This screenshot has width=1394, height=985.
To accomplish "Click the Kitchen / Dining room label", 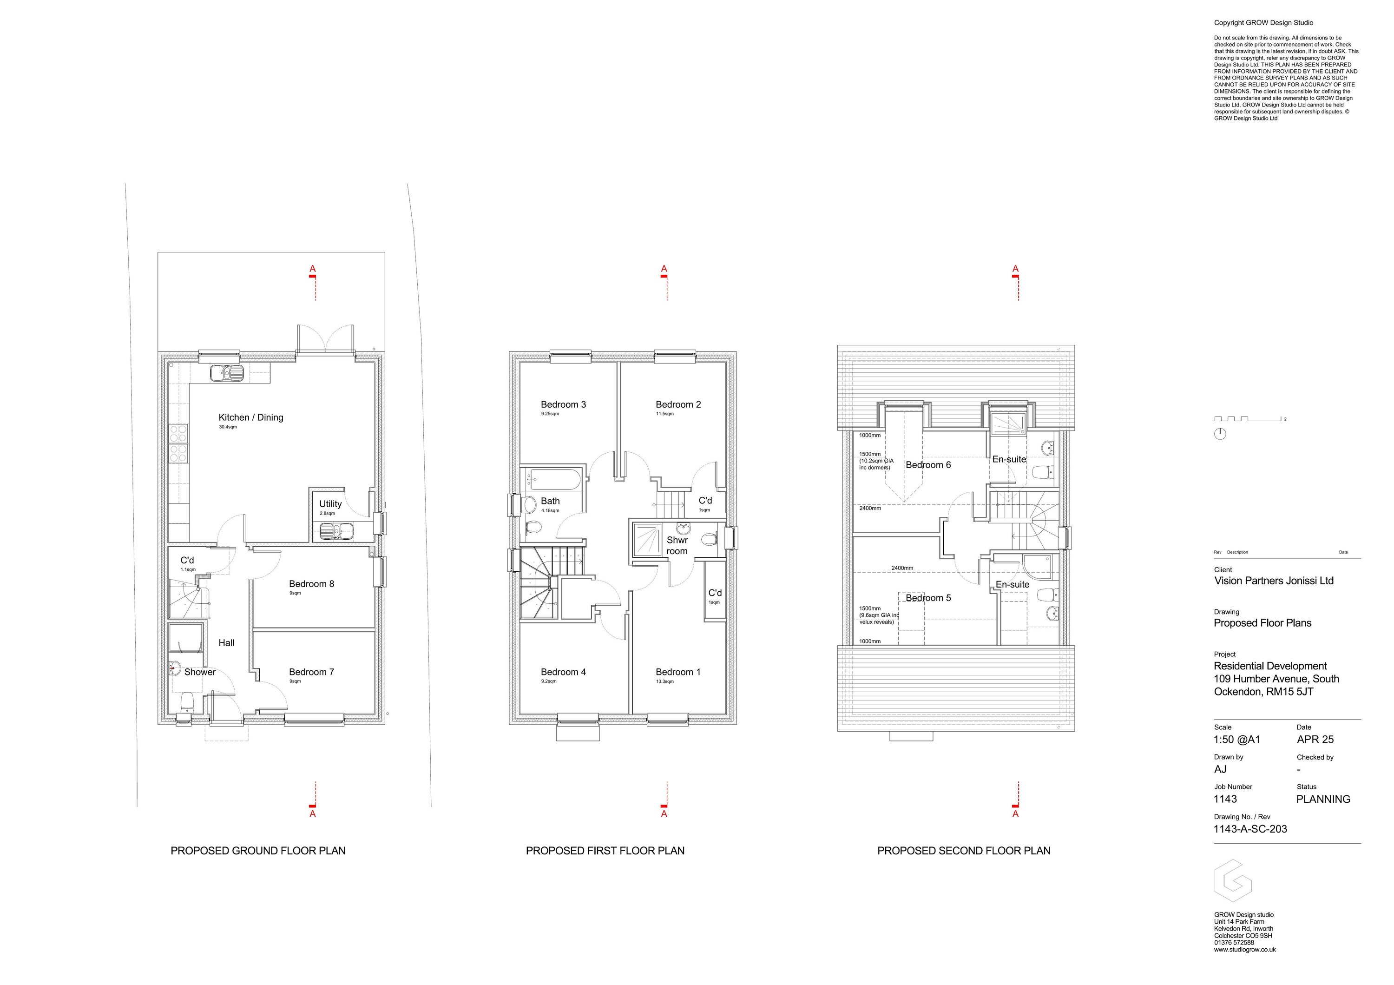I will (251, 418).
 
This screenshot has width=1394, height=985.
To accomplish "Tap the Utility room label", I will (330, 504).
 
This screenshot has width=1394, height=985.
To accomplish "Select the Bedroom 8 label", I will (311, 584).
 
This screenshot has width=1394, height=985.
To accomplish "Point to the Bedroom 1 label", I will (677, 672).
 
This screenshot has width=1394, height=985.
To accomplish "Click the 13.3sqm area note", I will (665, 682).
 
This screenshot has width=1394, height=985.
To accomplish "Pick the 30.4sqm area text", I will (228, 428).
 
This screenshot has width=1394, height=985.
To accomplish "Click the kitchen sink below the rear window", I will (226, 373).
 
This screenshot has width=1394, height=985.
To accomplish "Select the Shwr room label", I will (677, 545).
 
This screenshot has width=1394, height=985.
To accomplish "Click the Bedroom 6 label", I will (928, 465).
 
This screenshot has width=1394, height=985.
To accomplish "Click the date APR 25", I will (1315, 740).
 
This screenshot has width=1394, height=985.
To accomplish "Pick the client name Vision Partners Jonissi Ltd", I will (1273, 581).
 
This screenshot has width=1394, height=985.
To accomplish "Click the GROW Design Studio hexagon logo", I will (1232, 880).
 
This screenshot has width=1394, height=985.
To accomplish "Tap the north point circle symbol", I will (1220, 434).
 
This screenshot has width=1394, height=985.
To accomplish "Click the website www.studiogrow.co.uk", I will (1245, 950).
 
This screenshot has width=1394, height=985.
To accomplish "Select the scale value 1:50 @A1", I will (1237, 740).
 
